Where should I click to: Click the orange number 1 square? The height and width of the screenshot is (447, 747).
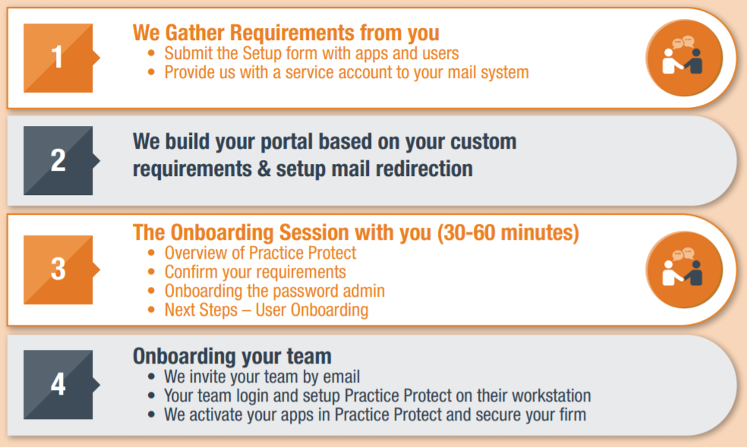[58, 58]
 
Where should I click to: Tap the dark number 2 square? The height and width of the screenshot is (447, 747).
[58, 160]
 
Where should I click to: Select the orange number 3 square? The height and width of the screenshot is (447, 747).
[58, 269]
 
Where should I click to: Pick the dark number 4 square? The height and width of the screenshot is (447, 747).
[58, 385]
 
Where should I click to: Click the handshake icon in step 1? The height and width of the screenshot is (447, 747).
[684, 58]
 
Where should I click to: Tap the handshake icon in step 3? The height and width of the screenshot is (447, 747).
[684, 269]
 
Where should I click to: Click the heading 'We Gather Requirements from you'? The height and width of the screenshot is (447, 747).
[286, 33]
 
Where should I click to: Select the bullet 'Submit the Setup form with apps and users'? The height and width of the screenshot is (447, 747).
[311, 53]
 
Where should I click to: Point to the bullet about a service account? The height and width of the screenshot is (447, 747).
[346, 72]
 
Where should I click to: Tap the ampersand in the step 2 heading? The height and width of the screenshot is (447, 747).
[263, 169]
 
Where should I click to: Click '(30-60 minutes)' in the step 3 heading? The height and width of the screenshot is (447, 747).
[508, 232]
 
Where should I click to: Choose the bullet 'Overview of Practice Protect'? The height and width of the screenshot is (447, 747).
[260, 253]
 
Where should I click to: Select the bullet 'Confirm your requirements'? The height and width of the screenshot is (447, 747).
[255, 272]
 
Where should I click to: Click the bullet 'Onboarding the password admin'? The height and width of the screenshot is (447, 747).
[274, 291]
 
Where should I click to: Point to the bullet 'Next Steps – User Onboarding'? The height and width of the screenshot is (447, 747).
[266, 310]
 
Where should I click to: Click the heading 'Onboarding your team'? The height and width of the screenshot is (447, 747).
[232, 356]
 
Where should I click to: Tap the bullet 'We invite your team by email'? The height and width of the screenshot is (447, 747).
[262, 376]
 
